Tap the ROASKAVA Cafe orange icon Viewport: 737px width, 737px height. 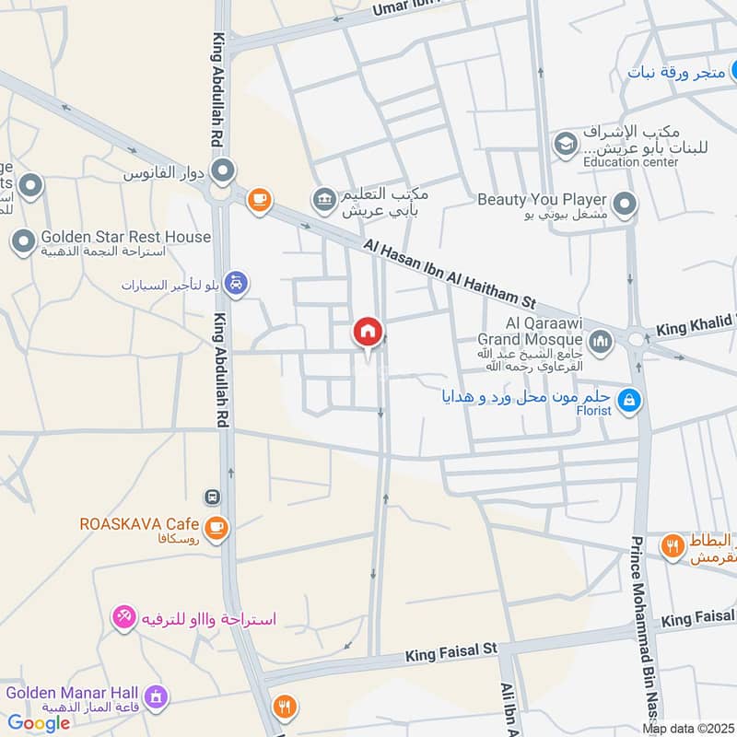[x=216, y=528]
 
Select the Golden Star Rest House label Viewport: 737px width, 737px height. [x=125, y=237]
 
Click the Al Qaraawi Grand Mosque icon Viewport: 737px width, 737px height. [x=601, y=343]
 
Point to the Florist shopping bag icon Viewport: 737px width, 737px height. [x=630, y=400]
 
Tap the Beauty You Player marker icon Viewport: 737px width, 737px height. [x=626, y=205]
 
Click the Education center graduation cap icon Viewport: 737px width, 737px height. [x=564, y=144]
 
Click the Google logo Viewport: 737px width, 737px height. [x=39, y=723]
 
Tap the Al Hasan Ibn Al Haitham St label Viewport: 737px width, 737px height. [x=450, y=275]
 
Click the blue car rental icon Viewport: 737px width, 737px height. [x=237, y=285]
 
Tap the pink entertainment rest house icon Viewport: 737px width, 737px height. [x=123, y=618]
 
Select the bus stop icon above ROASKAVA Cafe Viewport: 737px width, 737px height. [x=213, y=497]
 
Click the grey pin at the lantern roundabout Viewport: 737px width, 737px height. [x=222, y=170]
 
